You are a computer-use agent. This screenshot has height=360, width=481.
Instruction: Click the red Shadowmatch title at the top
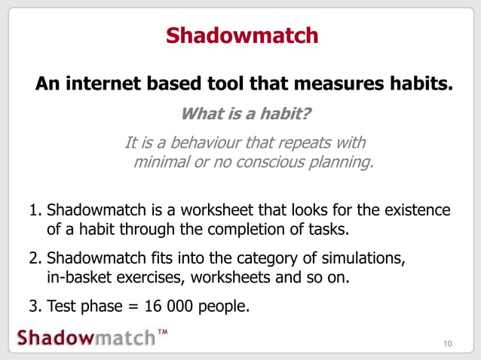tap(241, 35)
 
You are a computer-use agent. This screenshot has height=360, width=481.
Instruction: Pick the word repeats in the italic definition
tap(307, 143)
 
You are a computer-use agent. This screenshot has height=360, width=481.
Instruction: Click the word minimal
tap(161, 163)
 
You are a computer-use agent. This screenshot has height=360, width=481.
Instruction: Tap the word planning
tap(337, 163)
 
